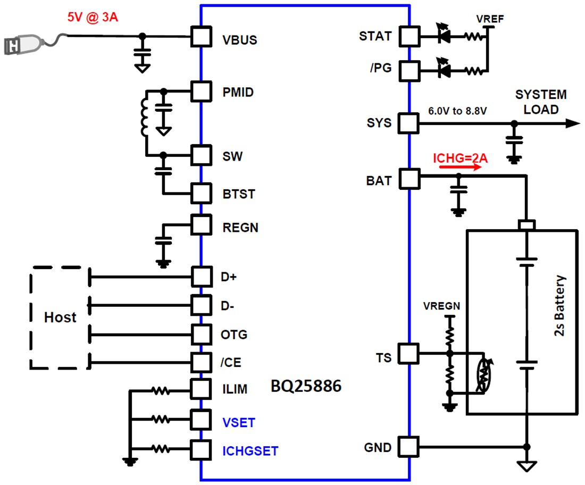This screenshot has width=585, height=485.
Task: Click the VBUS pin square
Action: coord(200,37)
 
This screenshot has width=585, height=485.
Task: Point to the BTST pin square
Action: coord(200,193)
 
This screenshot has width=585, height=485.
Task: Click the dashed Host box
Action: coord(59,317)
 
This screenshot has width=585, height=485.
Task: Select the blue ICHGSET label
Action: coord(250,451)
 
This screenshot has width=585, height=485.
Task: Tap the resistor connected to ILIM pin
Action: coord(160,391)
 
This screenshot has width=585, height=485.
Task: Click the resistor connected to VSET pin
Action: coord(160,420)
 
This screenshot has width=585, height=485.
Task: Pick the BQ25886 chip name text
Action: coord(306,386)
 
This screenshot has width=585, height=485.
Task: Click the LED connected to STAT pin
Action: coord(442,37)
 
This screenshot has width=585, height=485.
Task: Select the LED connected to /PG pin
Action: coord(442,70)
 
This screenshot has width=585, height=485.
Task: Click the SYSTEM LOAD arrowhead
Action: coord(572,123)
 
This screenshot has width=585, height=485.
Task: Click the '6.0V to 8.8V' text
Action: coord(457,112)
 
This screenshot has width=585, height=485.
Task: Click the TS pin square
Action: coord(409,353)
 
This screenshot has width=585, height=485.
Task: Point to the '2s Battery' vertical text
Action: coord(559,306)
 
